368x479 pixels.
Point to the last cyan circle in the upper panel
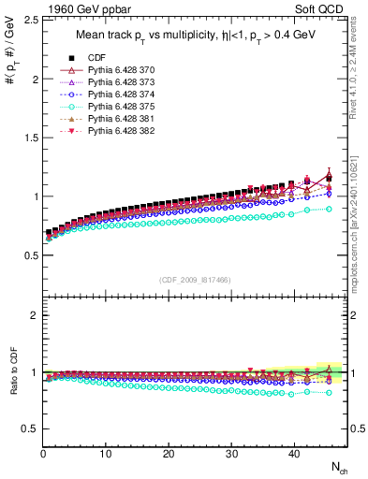[x=328, y=209]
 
